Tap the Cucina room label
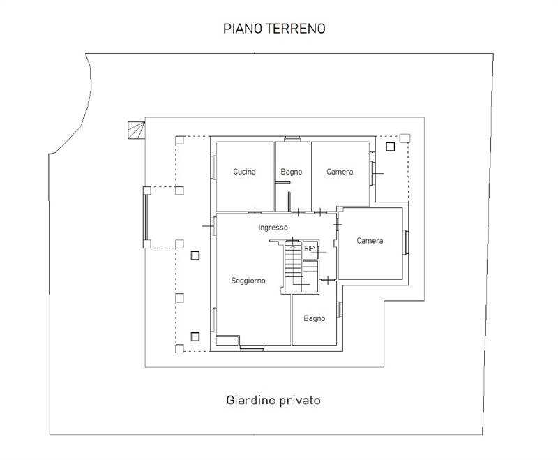click(x=244, y=172)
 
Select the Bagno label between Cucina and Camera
click(x=291, y=172)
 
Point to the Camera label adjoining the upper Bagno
click(x=340, y=172)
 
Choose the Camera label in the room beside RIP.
click(x=370, y=241)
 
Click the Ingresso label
click(x=273, y=228)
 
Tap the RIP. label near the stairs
click(x=310, y=248)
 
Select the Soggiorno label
click(x=248, y=281)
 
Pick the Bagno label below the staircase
click(x=315, y=318)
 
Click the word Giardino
click(x=250, y=401)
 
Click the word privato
click(x=300, y=401)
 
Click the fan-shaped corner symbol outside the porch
click(x=136, y=130)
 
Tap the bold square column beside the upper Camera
click(x=390, y=147)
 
